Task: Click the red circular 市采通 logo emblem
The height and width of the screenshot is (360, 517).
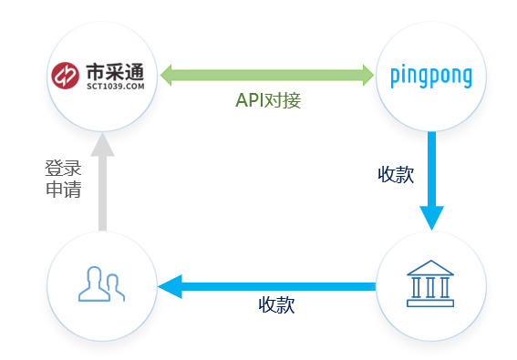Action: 66,76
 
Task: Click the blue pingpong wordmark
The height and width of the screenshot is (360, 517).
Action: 430,75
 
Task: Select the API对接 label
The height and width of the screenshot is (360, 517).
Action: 268,100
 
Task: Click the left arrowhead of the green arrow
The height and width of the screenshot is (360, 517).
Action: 168,73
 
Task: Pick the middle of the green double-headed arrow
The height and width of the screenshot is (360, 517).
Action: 268,73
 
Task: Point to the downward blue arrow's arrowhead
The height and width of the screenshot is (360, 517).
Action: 431,217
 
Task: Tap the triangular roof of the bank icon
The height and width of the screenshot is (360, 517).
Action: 431,267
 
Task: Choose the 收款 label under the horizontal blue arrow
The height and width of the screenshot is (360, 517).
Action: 276,305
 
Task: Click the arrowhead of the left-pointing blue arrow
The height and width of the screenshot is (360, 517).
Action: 170,287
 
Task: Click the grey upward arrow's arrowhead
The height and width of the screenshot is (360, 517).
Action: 102,146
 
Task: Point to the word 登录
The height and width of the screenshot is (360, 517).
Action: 63,169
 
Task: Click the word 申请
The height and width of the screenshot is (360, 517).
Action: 63,191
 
